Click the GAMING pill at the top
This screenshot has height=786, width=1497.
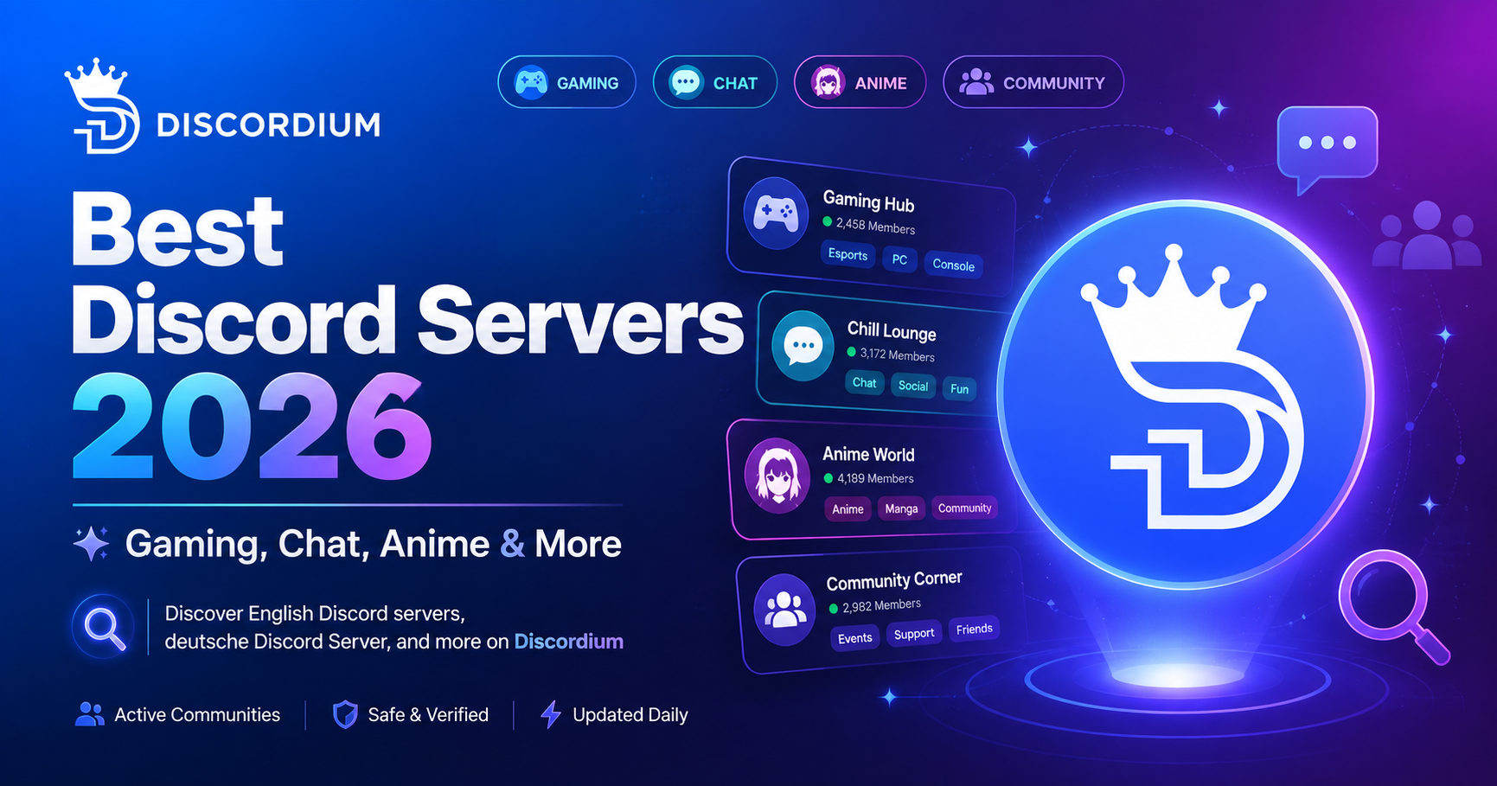[566, 83]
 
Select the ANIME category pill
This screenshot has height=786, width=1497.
[860, 83]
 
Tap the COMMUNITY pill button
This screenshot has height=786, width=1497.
[1033, 83]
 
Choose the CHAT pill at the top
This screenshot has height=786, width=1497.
[714, 83]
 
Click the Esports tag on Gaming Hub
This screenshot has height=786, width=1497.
[848, 254]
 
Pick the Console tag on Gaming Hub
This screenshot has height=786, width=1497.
[953, 265]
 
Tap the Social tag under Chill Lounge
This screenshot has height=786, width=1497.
[913, 386]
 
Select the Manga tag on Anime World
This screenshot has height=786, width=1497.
[901, 508]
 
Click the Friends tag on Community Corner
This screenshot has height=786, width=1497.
[974, 629]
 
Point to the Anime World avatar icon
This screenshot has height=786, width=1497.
[777, 476]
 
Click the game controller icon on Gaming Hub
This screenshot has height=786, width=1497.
[776, 213]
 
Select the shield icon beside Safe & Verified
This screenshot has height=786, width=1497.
[345, 715]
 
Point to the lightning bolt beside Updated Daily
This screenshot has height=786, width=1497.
[550, 715]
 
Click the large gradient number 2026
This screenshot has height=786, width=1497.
[251, 427]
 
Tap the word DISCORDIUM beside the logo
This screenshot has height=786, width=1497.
[268, 125]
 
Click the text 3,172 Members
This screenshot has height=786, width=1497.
[897, 355]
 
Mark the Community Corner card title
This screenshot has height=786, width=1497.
[894, 580]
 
